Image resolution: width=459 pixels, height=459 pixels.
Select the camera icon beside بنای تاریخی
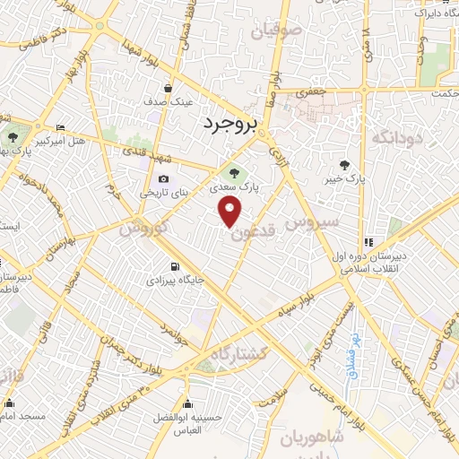163,179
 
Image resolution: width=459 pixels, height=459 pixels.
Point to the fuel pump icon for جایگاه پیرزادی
173,266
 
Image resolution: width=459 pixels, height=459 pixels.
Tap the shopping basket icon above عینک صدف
169,88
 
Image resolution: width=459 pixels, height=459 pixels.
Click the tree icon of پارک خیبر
344,164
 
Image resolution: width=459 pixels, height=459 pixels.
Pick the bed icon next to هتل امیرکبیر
60,127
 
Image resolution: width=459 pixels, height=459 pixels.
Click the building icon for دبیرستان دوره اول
368,242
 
